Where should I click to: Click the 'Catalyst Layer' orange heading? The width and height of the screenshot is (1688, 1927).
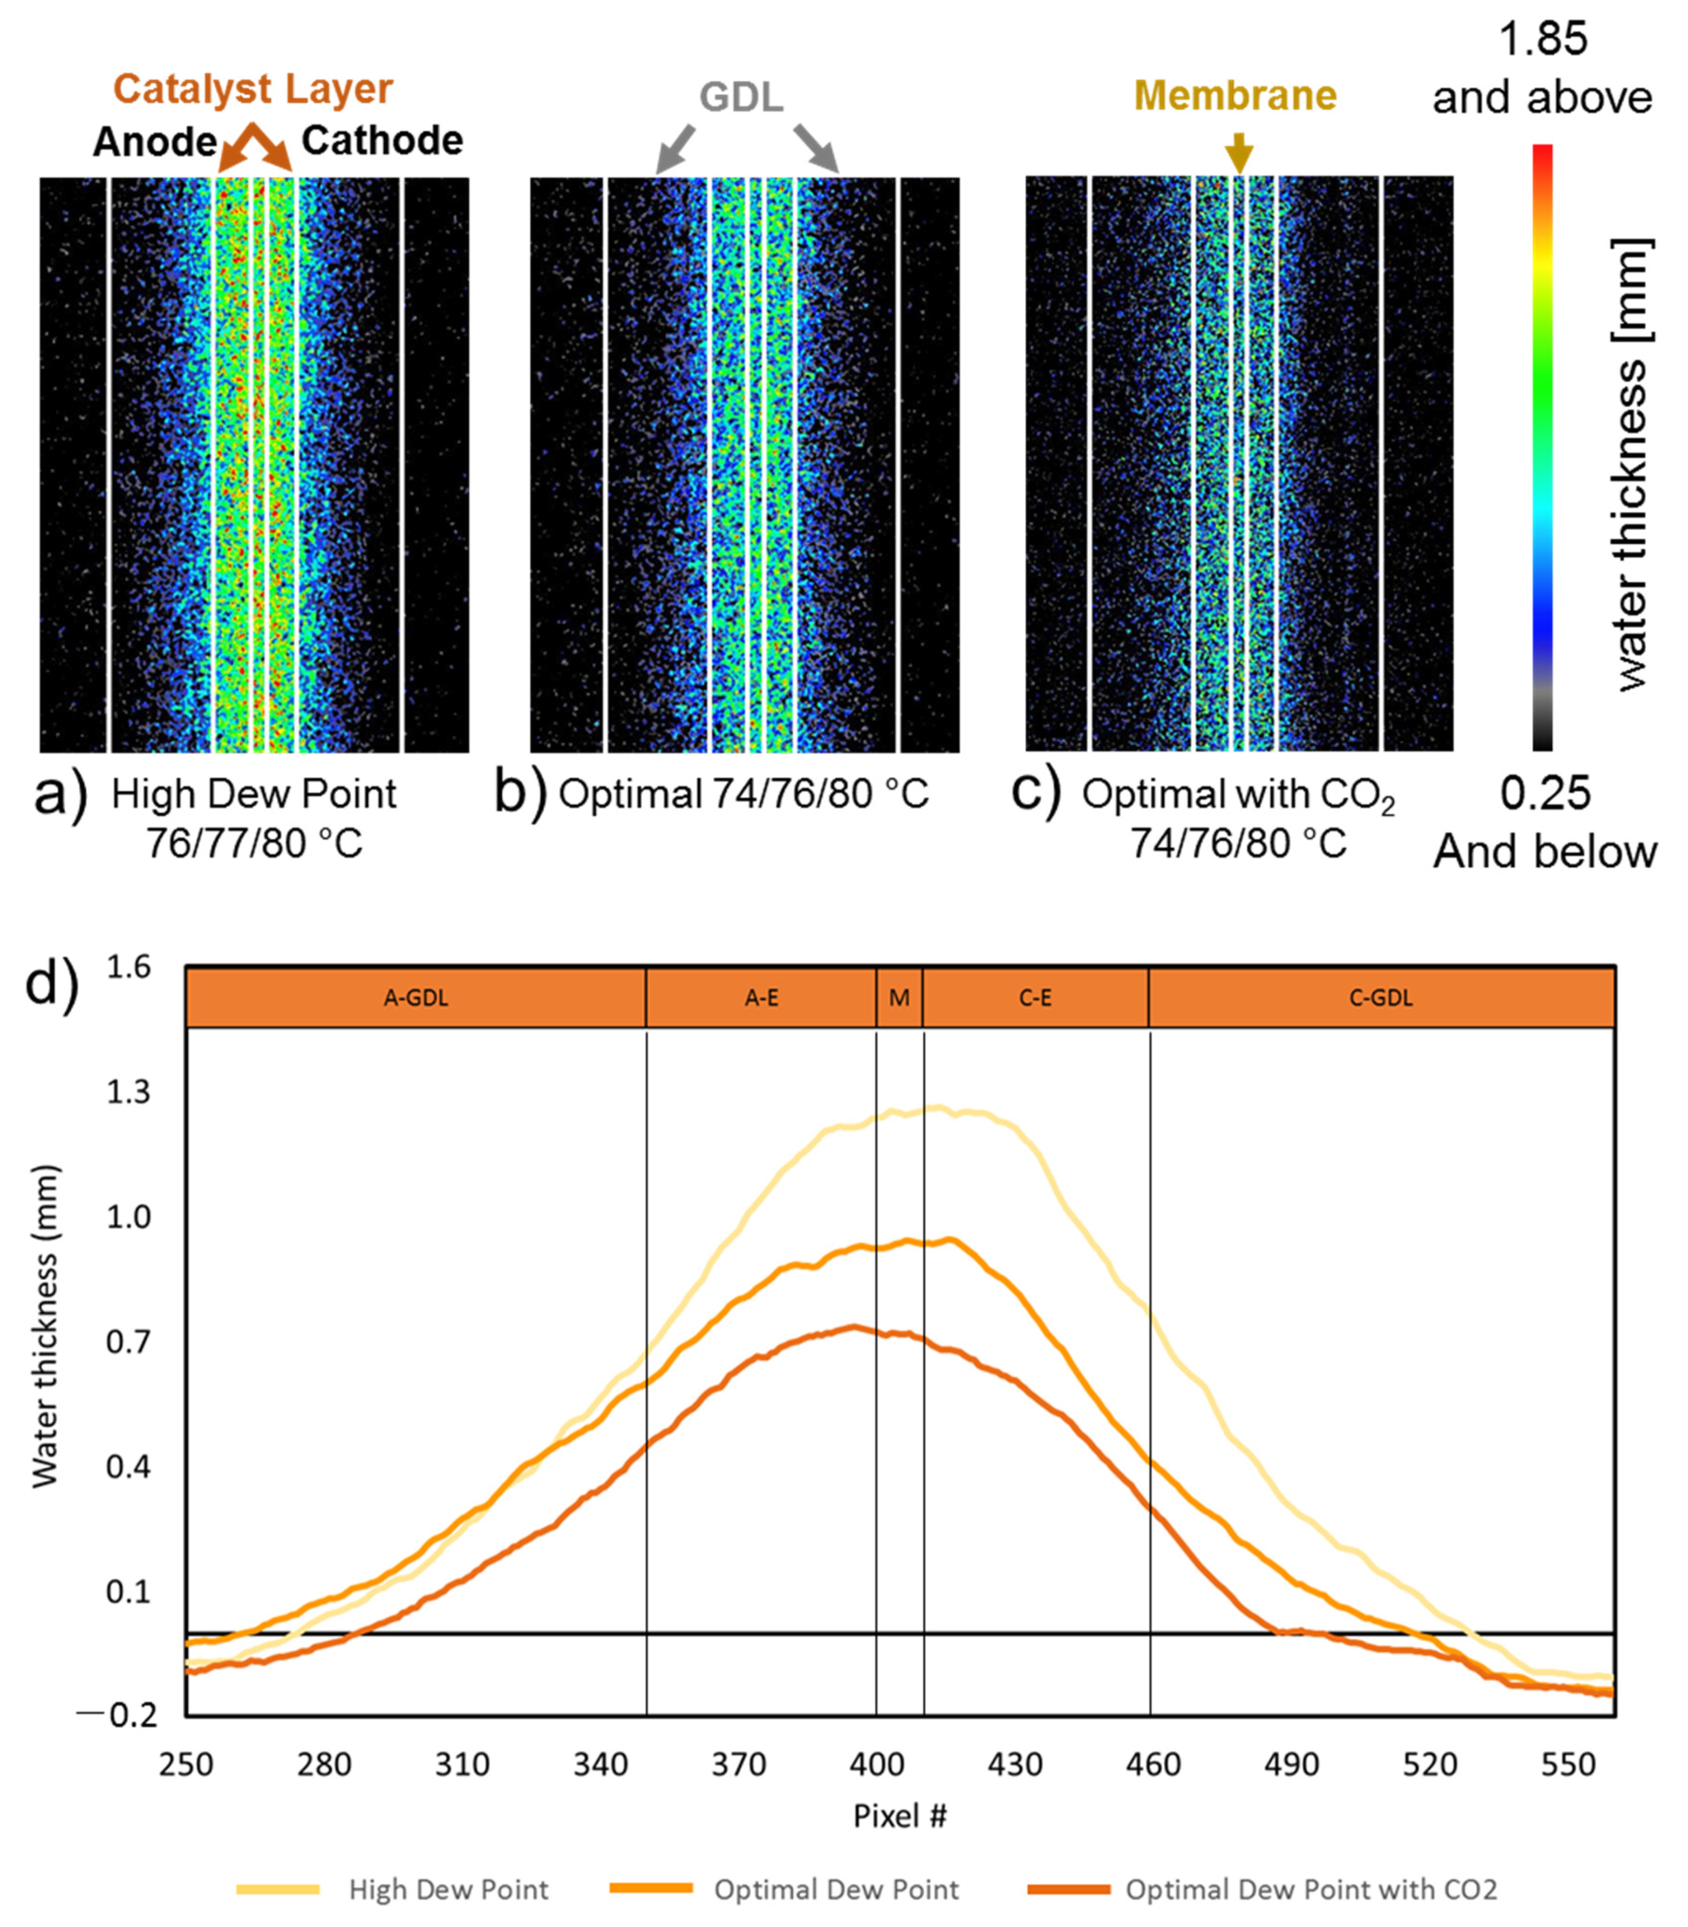(253, 90)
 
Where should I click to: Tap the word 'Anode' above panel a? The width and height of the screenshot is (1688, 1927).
(155, 142)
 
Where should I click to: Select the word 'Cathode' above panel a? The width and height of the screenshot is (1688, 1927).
(382, 141)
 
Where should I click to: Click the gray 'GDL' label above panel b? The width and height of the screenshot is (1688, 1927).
(741, 97)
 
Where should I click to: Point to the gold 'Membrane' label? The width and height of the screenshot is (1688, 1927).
(1235, 95)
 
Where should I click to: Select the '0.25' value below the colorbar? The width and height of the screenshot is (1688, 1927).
(1545, 793)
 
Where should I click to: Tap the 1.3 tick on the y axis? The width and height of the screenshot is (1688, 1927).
(128, 1092)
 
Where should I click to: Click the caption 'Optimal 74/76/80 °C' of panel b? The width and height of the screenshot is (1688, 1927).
(743, 794)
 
